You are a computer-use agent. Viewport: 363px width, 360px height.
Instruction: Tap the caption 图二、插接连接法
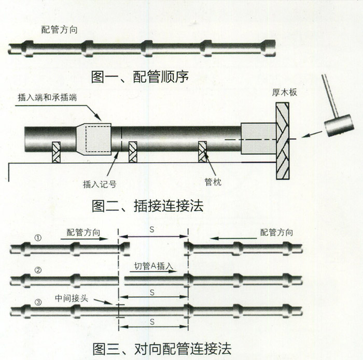pyautogui.click(x=147, y=206)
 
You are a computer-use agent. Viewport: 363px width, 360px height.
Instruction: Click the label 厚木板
pyautogui.click(x=285, y=93)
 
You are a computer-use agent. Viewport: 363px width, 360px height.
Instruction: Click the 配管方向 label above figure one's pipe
pyautogui.click(x=60, y=30)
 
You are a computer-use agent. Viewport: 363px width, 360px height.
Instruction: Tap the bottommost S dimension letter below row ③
pyautogui.click(x=152, y=322)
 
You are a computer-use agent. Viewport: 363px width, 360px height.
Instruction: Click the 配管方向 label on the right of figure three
pyautogui.click(x=276, y=232)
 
